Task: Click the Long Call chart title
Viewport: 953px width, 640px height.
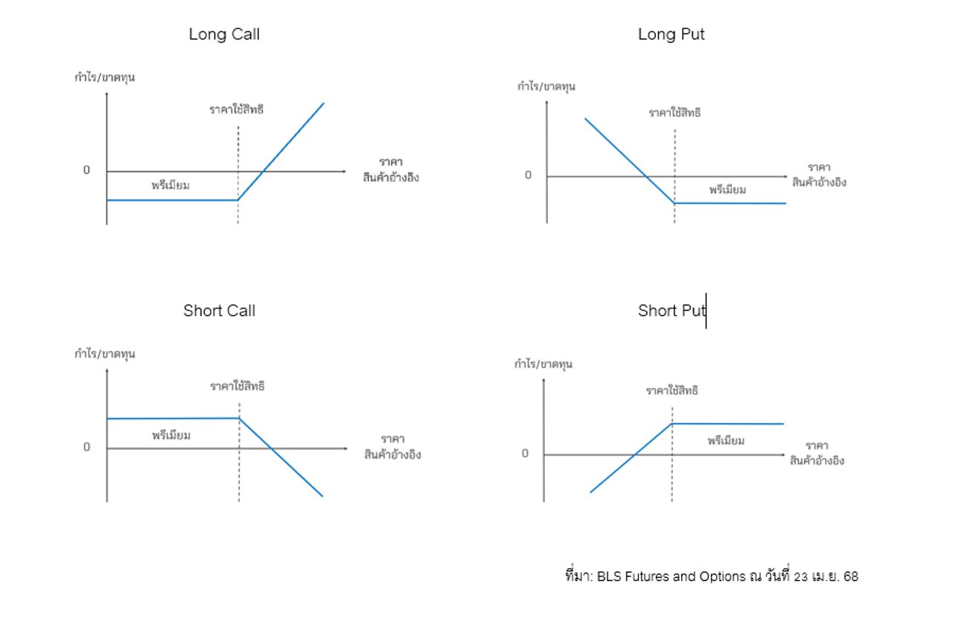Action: click(224, 34)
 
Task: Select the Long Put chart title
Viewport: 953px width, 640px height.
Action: click(671, 34)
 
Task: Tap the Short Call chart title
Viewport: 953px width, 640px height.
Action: click(219, 311)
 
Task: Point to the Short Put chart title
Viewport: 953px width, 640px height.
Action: click(670, 311)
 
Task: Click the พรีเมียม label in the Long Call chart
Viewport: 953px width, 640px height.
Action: click(170, 186)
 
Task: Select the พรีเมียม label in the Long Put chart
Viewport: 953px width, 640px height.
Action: click(727, 190)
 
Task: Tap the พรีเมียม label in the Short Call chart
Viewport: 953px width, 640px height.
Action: click(171, 435)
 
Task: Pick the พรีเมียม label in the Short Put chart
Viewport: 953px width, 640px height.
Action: click(726, 441)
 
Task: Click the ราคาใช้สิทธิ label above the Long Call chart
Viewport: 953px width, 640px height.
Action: click(237, 110)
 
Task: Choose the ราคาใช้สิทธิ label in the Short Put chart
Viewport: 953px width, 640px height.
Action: click(672, 390)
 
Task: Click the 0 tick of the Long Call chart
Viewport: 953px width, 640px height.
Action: click(86, 171)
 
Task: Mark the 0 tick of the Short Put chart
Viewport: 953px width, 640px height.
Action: click(525, 454)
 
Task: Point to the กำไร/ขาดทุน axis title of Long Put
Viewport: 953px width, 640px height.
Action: click(546, 86)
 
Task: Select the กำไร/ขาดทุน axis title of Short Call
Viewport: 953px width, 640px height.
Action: click(105, 354)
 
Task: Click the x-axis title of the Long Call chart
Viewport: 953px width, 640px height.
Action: click(391, 170)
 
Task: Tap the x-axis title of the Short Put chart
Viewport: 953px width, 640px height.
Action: click(817, 453)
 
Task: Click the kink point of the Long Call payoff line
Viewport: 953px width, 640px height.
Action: click(238, 200)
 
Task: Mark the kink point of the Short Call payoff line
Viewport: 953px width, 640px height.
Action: click(239, 418)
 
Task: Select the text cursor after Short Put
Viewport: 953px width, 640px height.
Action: click(706, 311)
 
